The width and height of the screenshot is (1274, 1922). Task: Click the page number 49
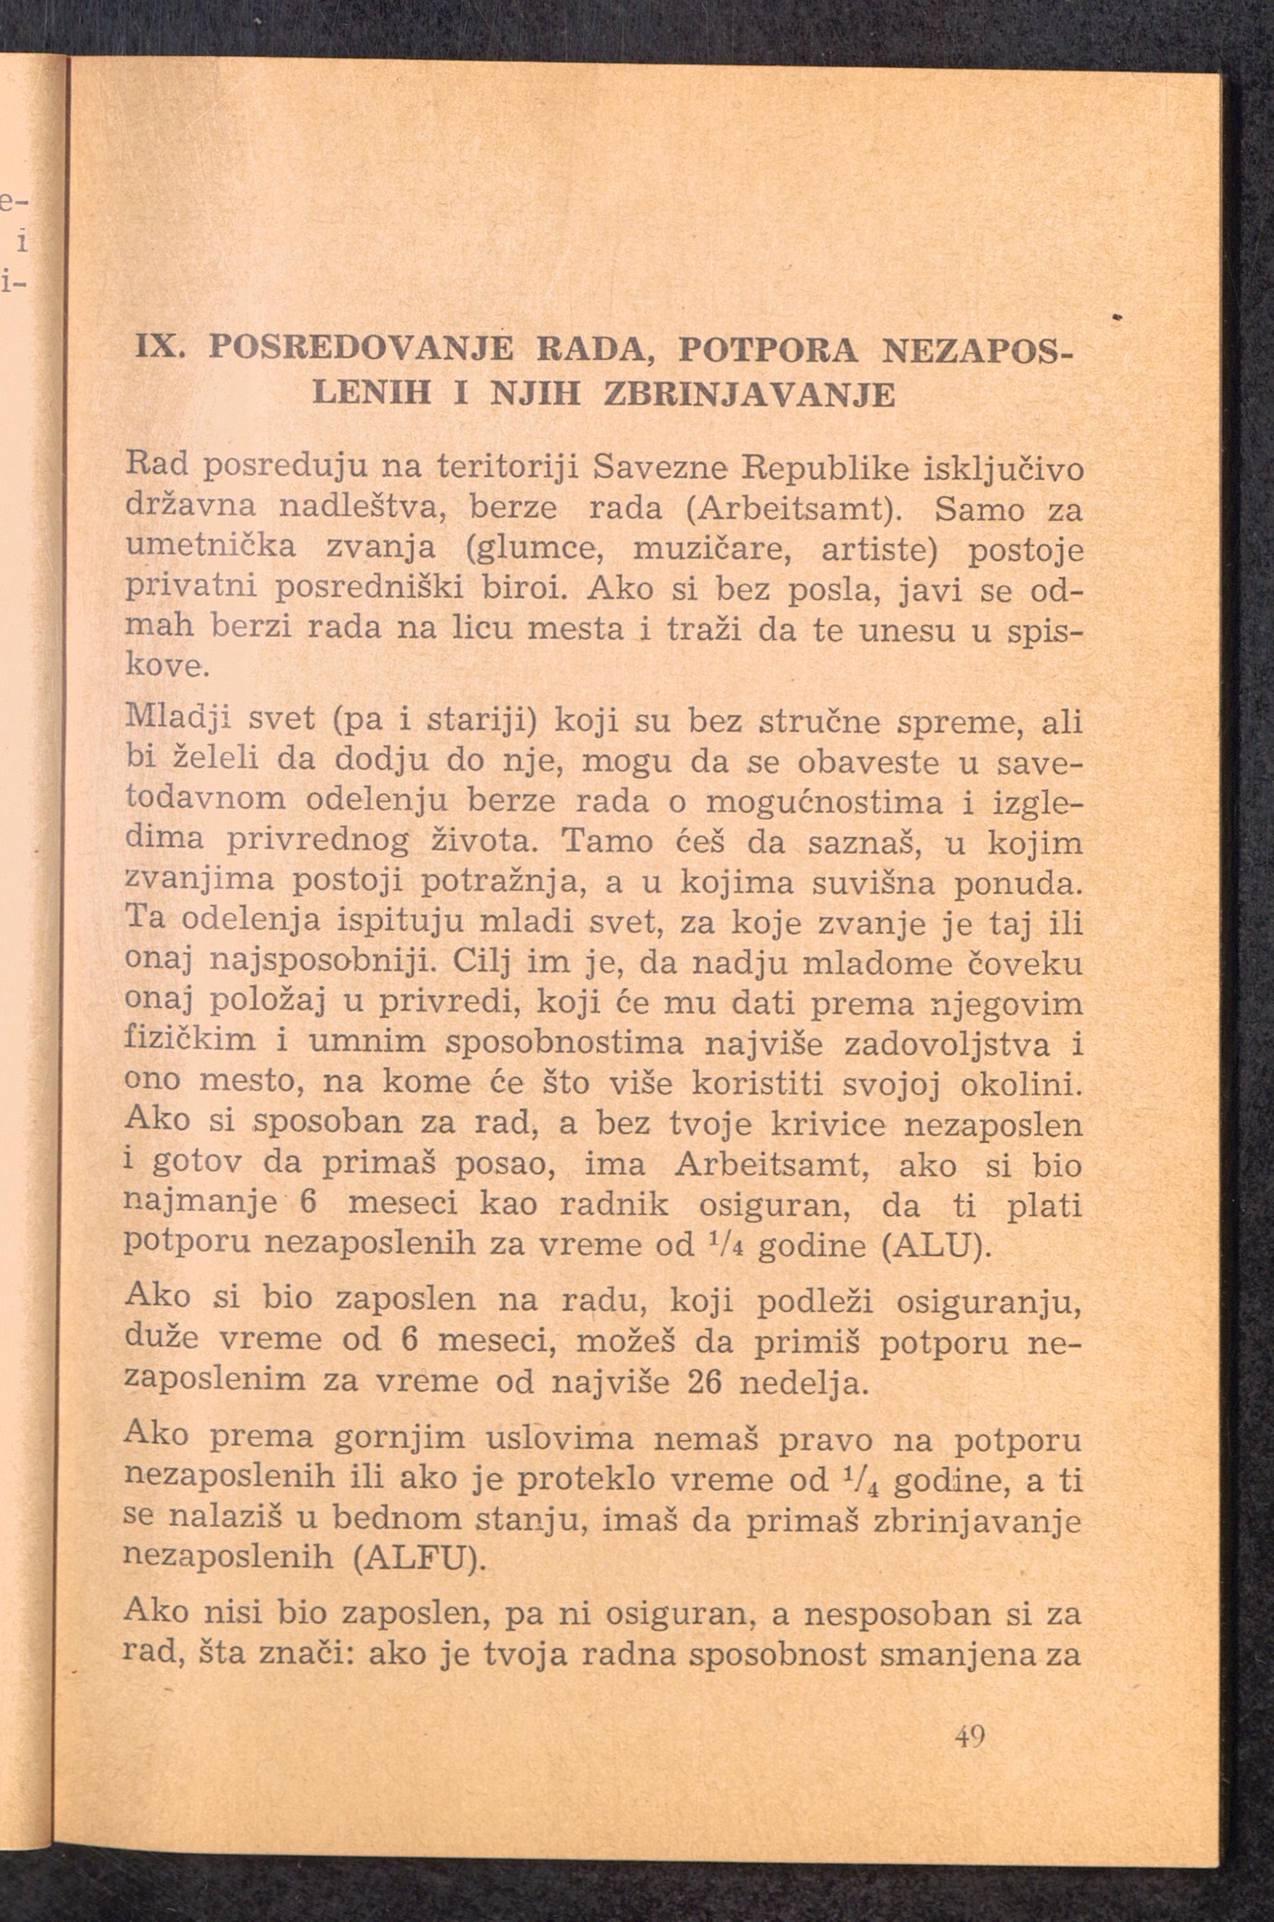[970, 1739]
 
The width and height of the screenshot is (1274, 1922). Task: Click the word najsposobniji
[325, 963]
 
